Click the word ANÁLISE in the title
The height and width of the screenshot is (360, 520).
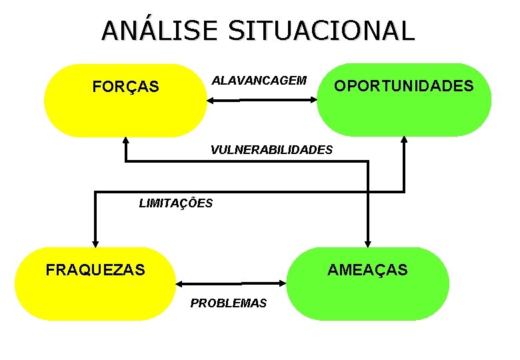[x=160, y=31]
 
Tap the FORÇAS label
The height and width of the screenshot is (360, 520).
[x=125, y=87]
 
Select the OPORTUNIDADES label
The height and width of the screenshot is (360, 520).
[x=403, y=86]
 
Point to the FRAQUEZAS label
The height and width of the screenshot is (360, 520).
[x=95, y=270]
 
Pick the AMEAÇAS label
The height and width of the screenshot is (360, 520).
[x=367, y=270]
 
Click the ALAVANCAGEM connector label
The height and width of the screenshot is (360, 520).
[x=259, y=81]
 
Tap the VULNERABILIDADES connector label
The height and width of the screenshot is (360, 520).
[x=271, y=150]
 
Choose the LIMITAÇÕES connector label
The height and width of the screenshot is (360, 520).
[x=176, y=203]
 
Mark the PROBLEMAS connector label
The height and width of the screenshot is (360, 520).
[x=228, y=303]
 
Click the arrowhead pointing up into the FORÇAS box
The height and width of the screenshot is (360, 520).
[x=125, y=141]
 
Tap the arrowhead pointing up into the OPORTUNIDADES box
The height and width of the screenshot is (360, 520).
[x=405, y=140]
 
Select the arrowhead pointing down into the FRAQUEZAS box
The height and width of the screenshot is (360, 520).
[x=95, y=243]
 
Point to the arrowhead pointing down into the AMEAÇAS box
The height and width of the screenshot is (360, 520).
[x=367, y=243]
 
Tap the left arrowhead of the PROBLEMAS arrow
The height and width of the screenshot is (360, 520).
[x=179, y=283]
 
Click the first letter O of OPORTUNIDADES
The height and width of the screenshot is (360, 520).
[x=339, y=86]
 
